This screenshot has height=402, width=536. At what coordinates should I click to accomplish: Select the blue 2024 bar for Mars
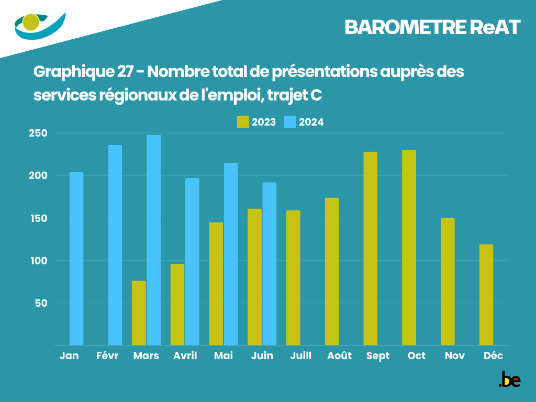tap(153, 240)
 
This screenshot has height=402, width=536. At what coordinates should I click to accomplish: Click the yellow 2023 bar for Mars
tap(139, 313)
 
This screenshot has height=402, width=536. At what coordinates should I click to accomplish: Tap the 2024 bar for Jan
tap(76, 259)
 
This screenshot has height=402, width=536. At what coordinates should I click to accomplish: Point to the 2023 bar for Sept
tap(371, 249)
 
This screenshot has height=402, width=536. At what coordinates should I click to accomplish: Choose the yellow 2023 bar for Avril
tap(177, 304)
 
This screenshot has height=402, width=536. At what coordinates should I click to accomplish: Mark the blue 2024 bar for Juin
tap(270, 264)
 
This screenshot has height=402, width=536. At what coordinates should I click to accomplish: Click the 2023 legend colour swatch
tap(243, 122)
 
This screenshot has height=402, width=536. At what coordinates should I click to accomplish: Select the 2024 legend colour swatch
tap(290, 122)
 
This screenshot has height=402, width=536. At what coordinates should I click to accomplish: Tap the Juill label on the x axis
tap(300, 356)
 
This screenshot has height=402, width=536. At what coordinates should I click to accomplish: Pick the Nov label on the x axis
tap(455, 356)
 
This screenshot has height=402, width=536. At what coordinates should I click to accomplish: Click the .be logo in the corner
tap(509, 379)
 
